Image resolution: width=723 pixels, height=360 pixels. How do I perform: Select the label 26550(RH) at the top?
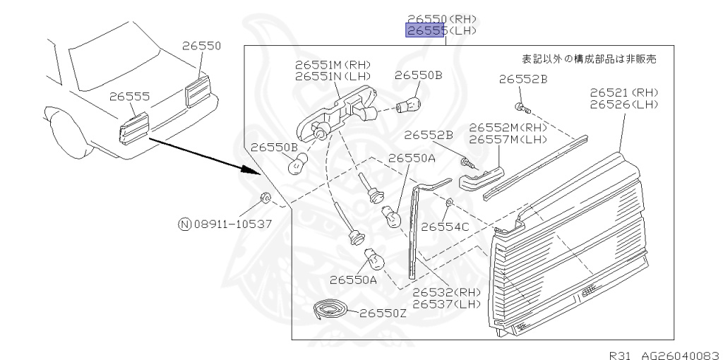[441, 19]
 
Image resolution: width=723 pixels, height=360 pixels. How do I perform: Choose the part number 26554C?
[445, 227]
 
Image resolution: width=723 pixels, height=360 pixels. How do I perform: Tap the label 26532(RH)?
[446, 292]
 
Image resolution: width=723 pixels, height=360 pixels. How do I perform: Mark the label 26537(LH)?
[446, 304]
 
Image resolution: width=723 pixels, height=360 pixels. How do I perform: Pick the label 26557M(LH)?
[508, 140]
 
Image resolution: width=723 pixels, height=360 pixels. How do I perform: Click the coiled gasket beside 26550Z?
[329, 309]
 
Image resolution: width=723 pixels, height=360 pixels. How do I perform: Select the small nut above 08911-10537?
[265, 197]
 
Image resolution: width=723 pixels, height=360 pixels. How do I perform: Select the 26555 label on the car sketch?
[129, 97]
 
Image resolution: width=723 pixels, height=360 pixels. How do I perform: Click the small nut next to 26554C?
[449, 204]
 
